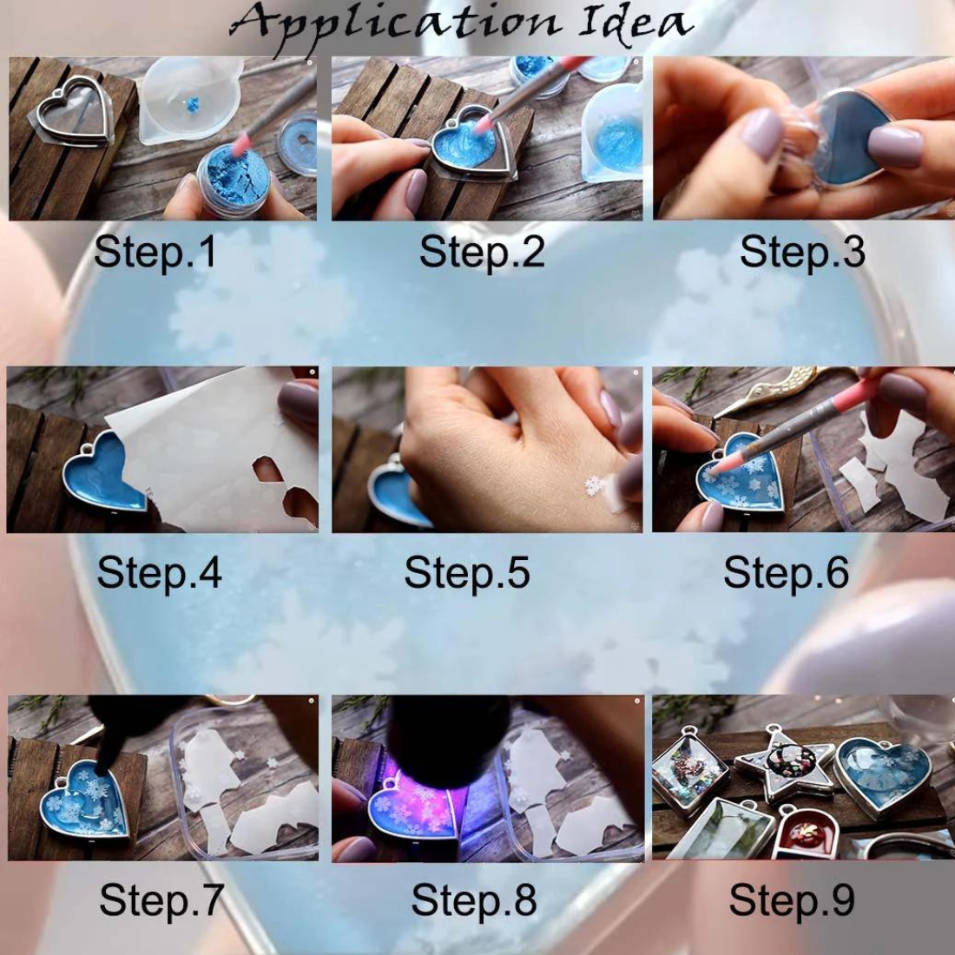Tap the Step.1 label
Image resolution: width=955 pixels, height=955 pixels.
(x=155, y=252)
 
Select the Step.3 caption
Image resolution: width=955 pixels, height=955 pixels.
(x=801, y=252)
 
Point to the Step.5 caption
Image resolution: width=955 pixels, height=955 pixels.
(x=466, y=573)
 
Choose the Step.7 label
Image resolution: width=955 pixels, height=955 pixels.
(x=161, y=900)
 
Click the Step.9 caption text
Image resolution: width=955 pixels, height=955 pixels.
(x=792, y=900)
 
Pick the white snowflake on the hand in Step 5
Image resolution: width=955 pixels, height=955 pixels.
(x=595, y=485)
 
